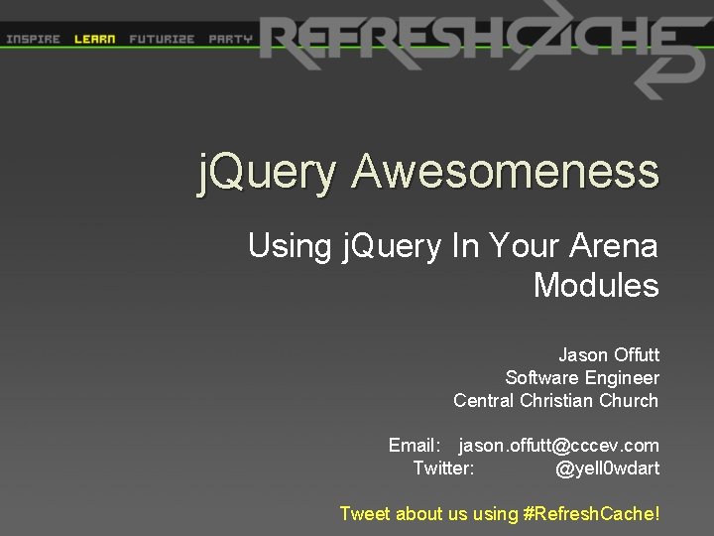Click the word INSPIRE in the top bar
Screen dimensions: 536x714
[x=33, y=40]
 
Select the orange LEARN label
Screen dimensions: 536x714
[x=95, y=40]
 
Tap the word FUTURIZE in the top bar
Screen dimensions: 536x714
[x=162, y=40]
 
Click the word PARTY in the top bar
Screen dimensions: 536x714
[x=230, y=40]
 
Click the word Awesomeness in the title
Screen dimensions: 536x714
[x=505, y=171]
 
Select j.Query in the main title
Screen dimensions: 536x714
[x=267, y=173]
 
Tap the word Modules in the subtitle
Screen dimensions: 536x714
[x=596, y=286]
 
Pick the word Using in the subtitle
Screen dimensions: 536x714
[x=288, y=244]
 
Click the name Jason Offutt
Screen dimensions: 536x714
[x=608, y=354]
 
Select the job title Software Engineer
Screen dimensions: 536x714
[x=582, y=377]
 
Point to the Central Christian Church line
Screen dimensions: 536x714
[x=555, y=400]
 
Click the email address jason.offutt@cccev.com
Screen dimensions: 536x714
[x=558, y=446]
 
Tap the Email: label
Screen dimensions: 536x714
[x=416, y=446]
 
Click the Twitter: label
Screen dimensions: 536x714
[x=443, y=468]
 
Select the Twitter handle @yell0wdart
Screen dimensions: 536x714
[x=607, y=468]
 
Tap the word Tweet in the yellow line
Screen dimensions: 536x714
[x=365, y=513]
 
